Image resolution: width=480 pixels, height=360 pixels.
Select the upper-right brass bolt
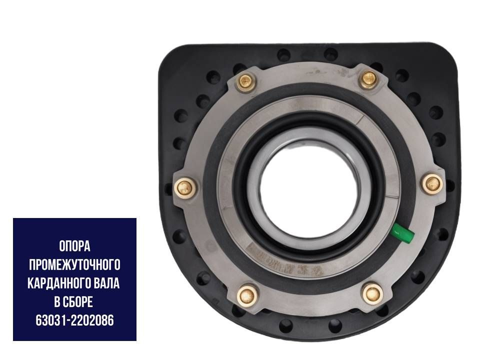pyautogui.click(x=369, y=79)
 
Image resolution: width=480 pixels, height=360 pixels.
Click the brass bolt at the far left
pyautogui.click(x=185, y=187)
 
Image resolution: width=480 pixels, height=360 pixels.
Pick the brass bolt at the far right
pyautogui.click(x=432, y=183)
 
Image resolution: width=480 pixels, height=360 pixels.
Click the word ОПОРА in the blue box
pyautogui.click(x=74, y=246)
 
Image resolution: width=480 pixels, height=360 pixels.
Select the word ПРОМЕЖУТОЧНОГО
pyautogui.click(x=74, y=265)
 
